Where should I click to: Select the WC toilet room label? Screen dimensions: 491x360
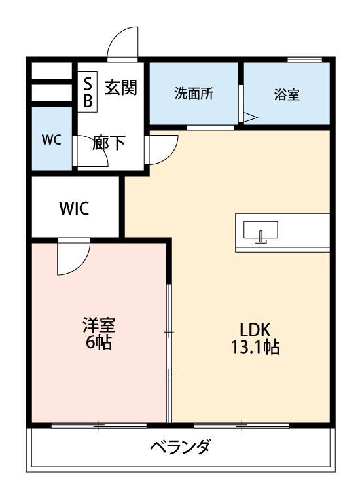[52, 140]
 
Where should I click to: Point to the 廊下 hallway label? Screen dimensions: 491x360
[109, 143]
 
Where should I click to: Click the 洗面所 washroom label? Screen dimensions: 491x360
[194, 93]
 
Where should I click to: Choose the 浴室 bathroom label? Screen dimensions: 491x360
[287, 94]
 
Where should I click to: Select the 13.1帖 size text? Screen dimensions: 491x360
[254, 348]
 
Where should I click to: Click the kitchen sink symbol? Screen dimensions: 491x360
[261, 232]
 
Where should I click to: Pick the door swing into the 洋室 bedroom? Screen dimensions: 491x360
[69, 259]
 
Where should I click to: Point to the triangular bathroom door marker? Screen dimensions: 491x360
[250, 117]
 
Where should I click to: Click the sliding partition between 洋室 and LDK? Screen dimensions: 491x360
[169, 354]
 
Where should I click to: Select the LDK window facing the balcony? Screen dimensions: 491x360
[242, 426]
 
